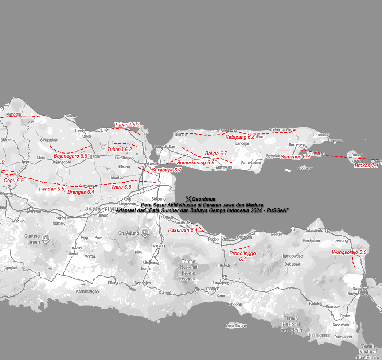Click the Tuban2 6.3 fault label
click(x=127, y=125)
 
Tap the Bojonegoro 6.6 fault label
click(x=71, y=156)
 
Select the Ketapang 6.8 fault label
click(x=240, y=137)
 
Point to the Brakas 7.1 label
click(x=366, y=166)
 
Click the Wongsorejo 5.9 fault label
click(x=349, y=252)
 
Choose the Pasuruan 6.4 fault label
click(x=183, y=230)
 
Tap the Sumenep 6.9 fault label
click(x=295, y=156)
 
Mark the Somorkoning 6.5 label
click(x=196, y=163)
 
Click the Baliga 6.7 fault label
click(x=216, y=154)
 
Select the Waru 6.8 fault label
click(x=121, y=187)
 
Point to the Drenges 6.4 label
click(x=81, y=192)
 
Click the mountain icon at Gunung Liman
click(x=46, y=239)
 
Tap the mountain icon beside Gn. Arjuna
click(x=145, y=232)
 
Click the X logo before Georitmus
click(x=188, y=199)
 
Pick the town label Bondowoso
click(x=293, y=256)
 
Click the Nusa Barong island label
click(x=236, y=326)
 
